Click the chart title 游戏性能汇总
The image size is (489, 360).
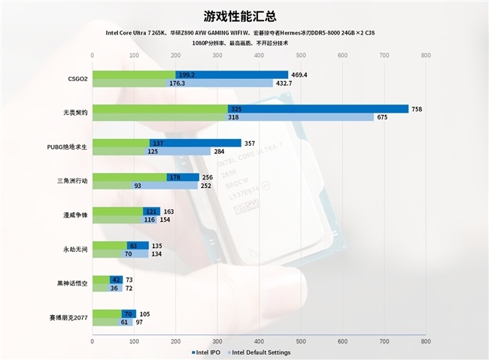point(244,16)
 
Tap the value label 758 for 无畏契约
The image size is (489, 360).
point(416,109)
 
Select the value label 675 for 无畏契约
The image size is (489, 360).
point(381,117)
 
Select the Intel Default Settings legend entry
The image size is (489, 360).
point(260,352)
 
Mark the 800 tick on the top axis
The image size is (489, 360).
point(425,55)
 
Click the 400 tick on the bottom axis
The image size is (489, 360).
point(259,342)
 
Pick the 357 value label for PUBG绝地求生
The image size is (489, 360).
point(251,143)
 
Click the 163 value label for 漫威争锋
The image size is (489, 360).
point(169,211)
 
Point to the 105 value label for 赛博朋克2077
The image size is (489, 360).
point(145,314)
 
